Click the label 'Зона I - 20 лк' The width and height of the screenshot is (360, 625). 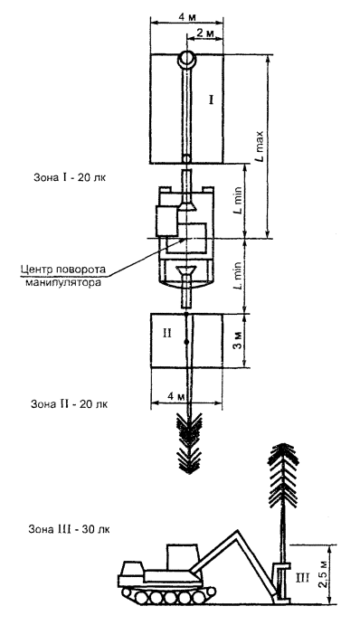point(70,177)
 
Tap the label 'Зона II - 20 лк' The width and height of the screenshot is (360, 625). point(70,403)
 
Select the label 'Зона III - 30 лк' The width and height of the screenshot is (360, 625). point(69,530)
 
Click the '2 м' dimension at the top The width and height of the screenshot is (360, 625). point(204,33)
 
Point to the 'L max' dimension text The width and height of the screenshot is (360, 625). point(260,146)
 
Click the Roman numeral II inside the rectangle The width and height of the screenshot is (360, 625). point(166,333)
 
